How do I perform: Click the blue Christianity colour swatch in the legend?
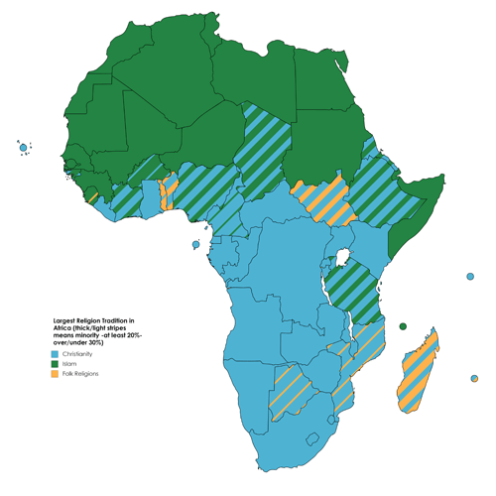tap(57, 353)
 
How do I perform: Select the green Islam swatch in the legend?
tap(57, 363)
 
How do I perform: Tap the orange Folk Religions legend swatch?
tap(57, 373)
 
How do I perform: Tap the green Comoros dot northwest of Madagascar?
tap(403, 326)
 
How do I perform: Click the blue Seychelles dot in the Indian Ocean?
tap(469, 277)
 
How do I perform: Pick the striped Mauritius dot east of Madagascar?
tap(474, 378)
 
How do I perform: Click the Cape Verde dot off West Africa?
tap(23, 148)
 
